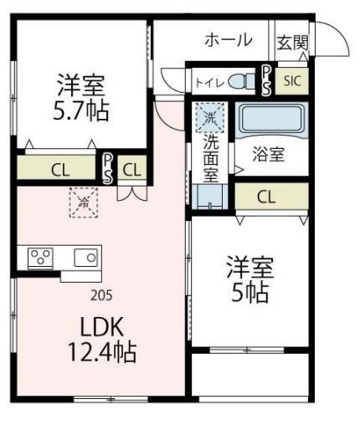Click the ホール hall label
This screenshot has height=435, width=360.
(x=229, y=40)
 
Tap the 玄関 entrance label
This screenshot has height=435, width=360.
(x=293, y=41)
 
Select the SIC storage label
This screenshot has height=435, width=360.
(x=292, y=81)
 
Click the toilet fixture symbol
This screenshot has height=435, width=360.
(x=243, y=82)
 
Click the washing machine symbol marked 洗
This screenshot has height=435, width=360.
(x=206, y=114)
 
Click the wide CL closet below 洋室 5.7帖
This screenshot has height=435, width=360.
(x=60, y=168)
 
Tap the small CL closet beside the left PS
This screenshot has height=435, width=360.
(x=131, y=168)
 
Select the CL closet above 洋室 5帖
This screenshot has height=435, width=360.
(x=267, y=197)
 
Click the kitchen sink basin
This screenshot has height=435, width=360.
(x=85, y=257)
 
